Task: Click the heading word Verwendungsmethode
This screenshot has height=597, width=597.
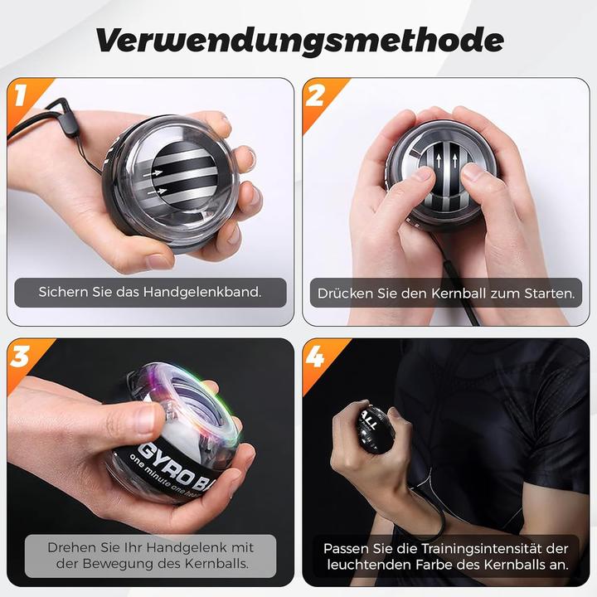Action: pyautogui.click(x=299, y=41)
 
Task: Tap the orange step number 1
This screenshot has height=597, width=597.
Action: pyautogui.click(x=21, y=95)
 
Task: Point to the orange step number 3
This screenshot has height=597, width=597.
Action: pyautogui.click(x=21, y=357)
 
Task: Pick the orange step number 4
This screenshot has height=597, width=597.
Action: pyautogui.click(x=315, y=357)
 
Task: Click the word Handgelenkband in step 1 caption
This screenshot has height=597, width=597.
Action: pyautogui.click(x=202, y=292)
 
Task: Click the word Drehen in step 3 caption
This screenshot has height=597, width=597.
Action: pyautogui.click(x=71, y=547)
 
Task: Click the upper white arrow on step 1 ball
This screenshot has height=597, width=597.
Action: pyautogui.click(x=153, y=173)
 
